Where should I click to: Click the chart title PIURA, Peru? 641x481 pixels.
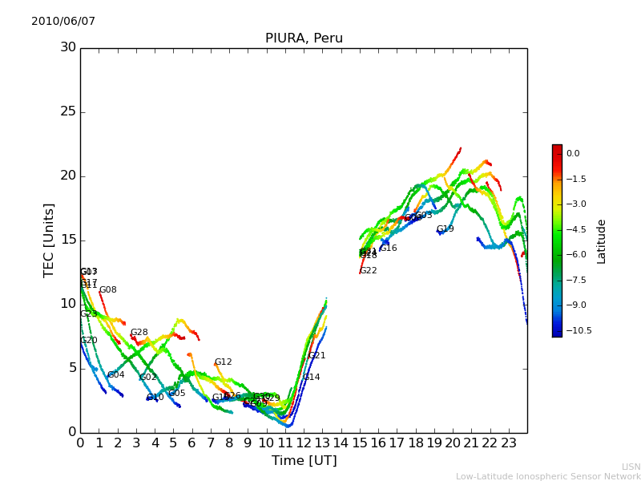(x=304, y=38)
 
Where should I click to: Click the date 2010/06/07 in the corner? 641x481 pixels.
(x=63, y=22)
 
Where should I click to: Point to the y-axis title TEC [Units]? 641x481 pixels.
(x=50, y=240)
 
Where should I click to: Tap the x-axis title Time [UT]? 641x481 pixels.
(x=304, y=461)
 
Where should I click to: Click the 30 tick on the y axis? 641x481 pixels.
(x=68, y=47)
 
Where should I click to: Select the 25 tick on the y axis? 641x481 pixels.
(x=68, y=111)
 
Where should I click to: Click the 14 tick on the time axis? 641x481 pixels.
(x=341, y=442)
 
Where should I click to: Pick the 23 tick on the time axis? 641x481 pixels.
(x=509, y=442)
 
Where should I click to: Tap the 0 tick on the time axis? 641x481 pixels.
(x=80, y=442)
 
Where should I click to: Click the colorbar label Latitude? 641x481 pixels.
(x=602, y=240)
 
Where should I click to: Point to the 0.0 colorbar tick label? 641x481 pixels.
(x=573, y=153)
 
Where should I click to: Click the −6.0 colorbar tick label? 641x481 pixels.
(x=575, y=254)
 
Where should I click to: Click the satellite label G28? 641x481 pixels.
(x=139, y=333)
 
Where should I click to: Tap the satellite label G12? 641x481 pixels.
(x=223, y=362)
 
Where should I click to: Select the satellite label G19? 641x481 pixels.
(x=445, y=229)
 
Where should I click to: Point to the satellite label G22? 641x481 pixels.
(x=368, y=271)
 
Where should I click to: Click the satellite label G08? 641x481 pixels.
(x=107, y=290)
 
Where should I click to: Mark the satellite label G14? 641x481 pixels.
(x=311, y=378)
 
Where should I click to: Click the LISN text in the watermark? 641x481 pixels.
(x=631, y=467)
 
